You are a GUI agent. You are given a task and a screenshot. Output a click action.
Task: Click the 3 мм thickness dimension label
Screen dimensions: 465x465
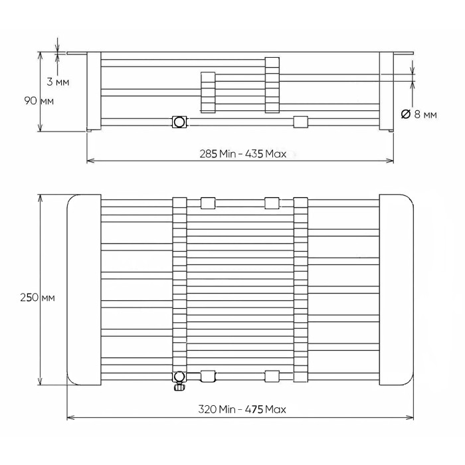coord(58,82)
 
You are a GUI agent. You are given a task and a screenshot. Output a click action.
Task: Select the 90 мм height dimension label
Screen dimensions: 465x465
coord(39,101)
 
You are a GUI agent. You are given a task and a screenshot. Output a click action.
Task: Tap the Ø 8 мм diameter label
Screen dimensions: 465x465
coord(419,114)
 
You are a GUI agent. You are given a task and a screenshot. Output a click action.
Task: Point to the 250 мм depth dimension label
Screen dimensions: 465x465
coord(37,298)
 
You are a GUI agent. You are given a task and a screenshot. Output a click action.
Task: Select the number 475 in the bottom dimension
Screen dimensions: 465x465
coord(254,410)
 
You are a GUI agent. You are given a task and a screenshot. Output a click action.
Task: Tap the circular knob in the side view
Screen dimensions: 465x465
coord(179,122)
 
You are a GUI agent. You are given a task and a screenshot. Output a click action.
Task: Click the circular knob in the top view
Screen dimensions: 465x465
coord(179,377)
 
